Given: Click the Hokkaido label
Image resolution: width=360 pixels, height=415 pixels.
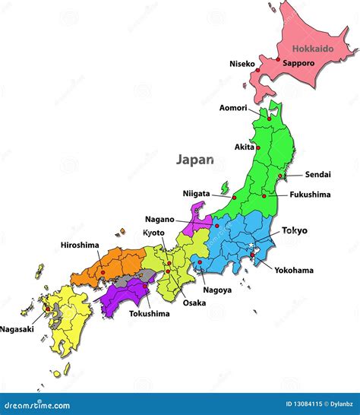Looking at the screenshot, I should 314,48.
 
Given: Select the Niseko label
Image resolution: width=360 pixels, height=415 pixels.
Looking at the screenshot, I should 242,64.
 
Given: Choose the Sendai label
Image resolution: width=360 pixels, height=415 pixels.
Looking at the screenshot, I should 317,175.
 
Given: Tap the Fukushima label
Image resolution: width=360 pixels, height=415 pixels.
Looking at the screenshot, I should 310,195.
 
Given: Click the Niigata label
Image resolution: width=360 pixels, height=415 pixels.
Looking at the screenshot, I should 196,193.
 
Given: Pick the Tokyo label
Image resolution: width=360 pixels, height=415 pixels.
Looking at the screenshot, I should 295,230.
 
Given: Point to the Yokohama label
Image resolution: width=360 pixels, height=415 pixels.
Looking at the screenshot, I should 294,270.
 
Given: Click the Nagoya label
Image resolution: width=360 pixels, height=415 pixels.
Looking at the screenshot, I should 217,290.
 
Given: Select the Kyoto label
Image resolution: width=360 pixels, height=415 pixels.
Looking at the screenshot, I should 155,233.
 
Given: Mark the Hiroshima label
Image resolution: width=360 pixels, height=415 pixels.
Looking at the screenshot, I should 80,245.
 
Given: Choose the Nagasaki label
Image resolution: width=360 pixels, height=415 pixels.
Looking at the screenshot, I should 16,329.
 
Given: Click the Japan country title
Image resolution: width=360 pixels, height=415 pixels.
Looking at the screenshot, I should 195,160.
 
